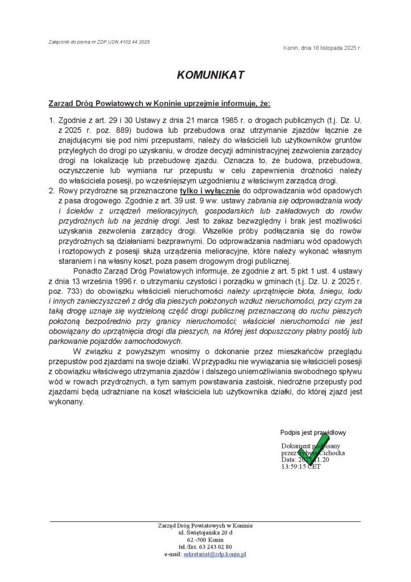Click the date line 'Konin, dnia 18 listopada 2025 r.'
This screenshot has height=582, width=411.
tap(322, 48)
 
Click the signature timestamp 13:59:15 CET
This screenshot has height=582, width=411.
tap(301, 467)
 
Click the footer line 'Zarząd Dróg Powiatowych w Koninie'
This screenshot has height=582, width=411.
tap(205, 526)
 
